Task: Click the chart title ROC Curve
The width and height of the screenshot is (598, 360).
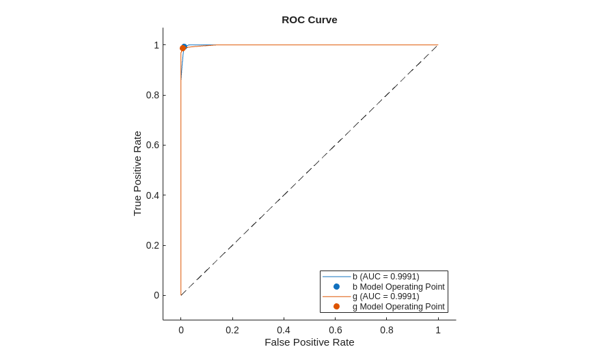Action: pos(309,20)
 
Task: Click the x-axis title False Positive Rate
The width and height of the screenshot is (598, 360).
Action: pos(309,342)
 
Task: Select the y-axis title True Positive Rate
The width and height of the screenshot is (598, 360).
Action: pos(137,174)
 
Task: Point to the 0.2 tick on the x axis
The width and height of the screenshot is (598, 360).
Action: pos(232,330)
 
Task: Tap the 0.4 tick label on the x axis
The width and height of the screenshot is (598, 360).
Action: pos(284,330)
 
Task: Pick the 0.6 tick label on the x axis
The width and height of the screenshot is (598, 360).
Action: pos(336,330)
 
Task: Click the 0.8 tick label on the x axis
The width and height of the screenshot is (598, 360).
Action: pos(387,330)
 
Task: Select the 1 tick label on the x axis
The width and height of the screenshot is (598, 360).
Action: pos(438,330)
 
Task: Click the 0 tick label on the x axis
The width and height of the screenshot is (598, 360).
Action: pos(181,330)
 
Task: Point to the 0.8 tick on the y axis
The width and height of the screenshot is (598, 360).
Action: pos(152,95)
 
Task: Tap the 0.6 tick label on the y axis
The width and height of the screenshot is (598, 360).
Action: pos(152,145)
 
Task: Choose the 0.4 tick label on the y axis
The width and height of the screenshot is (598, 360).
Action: pos(152,195)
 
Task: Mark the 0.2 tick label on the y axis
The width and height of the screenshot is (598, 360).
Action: pos(152,245)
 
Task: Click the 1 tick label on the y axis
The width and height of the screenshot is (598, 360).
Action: pos(157,45)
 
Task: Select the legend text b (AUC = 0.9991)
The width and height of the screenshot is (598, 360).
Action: pos(385,277)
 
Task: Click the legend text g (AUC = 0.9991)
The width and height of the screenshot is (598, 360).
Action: pos(385,296)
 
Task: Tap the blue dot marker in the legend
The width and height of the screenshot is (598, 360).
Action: pos(336,287)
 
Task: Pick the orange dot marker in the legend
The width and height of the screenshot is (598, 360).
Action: pos(336,307)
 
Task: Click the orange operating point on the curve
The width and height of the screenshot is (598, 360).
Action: pos(182,49)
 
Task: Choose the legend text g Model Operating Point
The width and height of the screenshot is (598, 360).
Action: pos(398,307)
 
